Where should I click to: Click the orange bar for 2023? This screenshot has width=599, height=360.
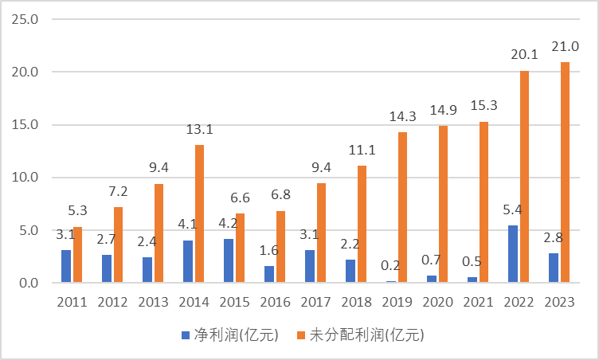565,172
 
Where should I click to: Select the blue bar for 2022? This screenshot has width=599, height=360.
513,254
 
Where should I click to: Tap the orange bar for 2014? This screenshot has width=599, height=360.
199,213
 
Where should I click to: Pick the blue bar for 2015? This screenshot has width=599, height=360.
229,260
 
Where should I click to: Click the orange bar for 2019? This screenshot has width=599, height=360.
402,207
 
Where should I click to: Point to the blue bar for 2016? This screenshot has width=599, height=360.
269,274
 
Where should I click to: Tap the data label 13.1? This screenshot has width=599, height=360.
197,127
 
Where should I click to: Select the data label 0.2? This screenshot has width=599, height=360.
390,264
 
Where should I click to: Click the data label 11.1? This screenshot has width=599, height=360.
359,149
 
